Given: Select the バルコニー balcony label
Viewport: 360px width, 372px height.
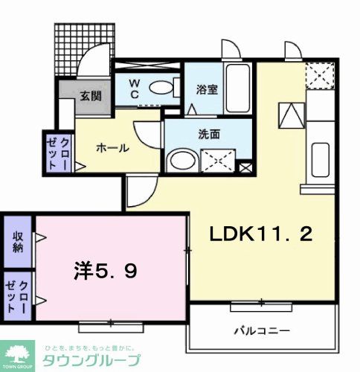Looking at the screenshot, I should pos(266,330).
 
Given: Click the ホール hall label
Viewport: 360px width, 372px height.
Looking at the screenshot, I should pos(113,147).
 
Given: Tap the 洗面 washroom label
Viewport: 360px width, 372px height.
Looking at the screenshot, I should pos(208,135).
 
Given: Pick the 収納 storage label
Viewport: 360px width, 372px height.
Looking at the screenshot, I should pos(16,241).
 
